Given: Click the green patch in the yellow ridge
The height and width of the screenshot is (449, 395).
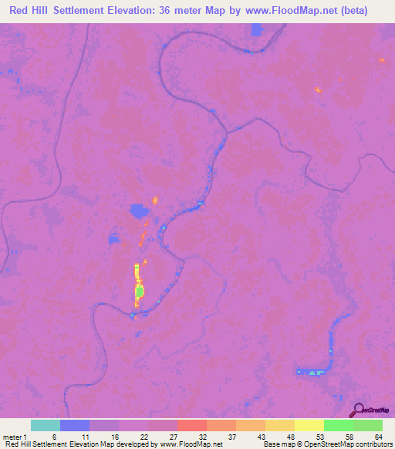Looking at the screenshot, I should (140, 292).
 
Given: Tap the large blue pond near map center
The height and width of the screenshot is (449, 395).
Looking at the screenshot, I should (139, 210).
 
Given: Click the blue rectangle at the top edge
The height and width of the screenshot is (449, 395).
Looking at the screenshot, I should (257, 30).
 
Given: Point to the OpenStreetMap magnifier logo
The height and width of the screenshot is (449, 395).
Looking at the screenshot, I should (357, 409).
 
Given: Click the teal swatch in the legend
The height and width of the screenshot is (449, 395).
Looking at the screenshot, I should (46, 425).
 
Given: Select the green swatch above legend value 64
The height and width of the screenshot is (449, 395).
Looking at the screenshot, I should (368, 425).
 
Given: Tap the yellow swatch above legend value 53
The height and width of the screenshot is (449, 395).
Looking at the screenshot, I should (309, 425).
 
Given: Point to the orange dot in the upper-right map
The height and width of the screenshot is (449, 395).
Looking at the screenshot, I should (317, 90).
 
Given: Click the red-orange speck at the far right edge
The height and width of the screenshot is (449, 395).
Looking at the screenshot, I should (382, 59).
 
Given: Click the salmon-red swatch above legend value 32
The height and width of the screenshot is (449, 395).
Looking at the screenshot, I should (192, 425).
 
